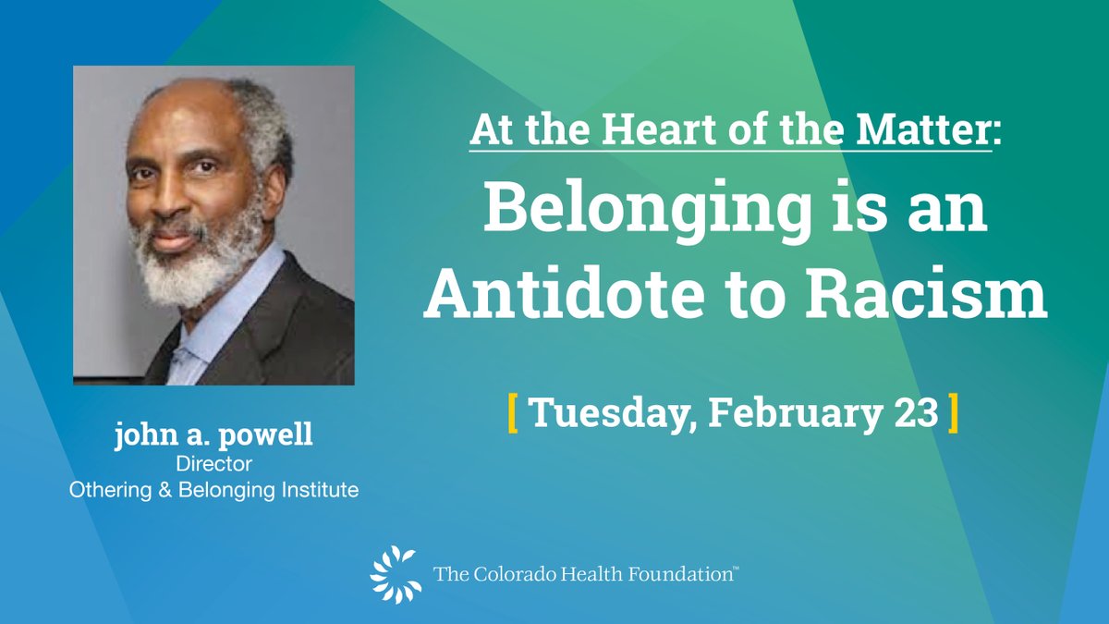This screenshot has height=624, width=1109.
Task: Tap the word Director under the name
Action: pyautogui.click(x=213, y=464)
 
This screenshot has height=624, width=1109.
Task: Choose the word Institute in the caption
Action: pyautogui.click(x=319, y=490)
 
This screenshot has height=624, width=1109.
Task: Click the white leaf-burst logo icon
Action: pyautogui.click(x=395, y=573)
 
